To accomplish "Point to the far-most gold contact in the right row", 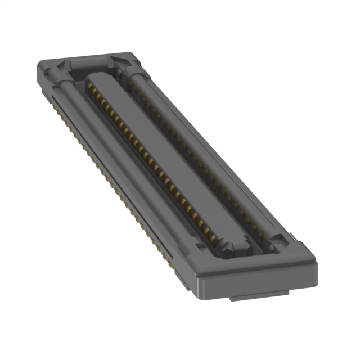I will [x=132, y=84].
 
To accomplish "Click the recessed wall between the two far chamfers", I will [x=93, y=62].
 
